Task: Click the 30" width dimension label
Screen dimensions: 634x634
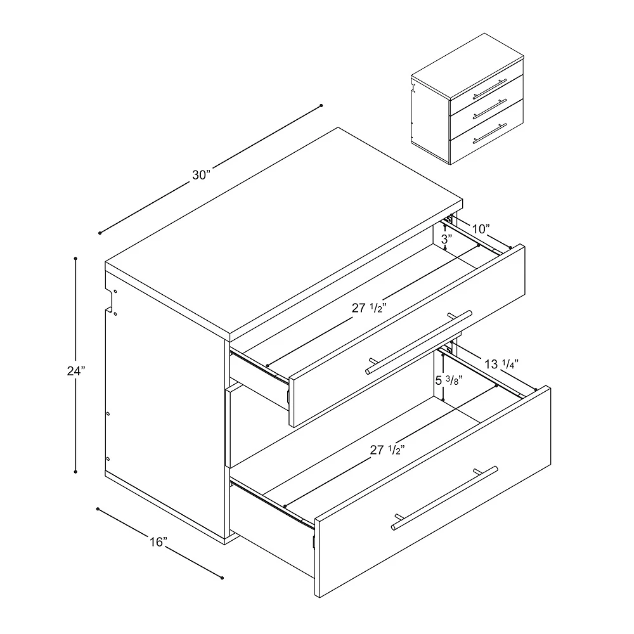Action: click(x=201, y=175)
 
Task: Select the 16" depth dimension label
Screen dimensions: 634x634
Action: click(x=158, y=542)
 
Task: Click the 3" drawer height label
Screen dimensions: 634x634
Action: click(x=446, y=240)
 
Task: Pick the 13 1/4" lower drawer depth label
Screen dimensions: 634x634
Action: click(x=501, y=363)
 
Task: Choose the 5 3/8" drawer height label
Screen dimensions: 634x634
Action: click(x=448, y=381)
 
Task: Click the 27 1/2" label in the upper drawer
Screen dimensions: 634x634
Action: click(x=371, y=309)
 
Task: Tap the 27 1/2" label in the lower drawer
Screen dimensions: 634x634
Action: click(x=388, y=450)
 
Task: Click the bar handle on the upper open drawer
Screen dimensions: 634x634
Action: click(x=419, y=343)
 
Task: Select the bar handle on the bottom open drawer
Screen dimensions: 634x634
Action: click(x=444, y=498)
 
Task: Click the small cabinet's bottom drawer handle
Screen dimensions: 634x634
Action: click(x=491, y=134)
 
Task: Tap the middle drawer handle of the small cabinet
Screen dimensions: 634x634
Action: click(x=490, y=110)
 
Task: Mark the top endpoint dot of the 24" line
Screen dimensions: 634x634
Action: click(x=75, y=259)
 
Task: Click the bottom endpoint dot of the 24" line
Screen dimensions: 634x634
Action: click(x=75, y=471)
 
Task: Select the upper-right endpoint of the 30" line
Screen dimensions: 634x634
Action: click(x=321, y=105)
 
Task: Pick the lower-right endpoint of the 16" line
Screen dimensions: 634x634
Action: click(x=223, y=578)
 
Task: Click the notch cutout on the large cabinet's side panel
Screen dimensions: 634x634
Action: click(x=112, y=301)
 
